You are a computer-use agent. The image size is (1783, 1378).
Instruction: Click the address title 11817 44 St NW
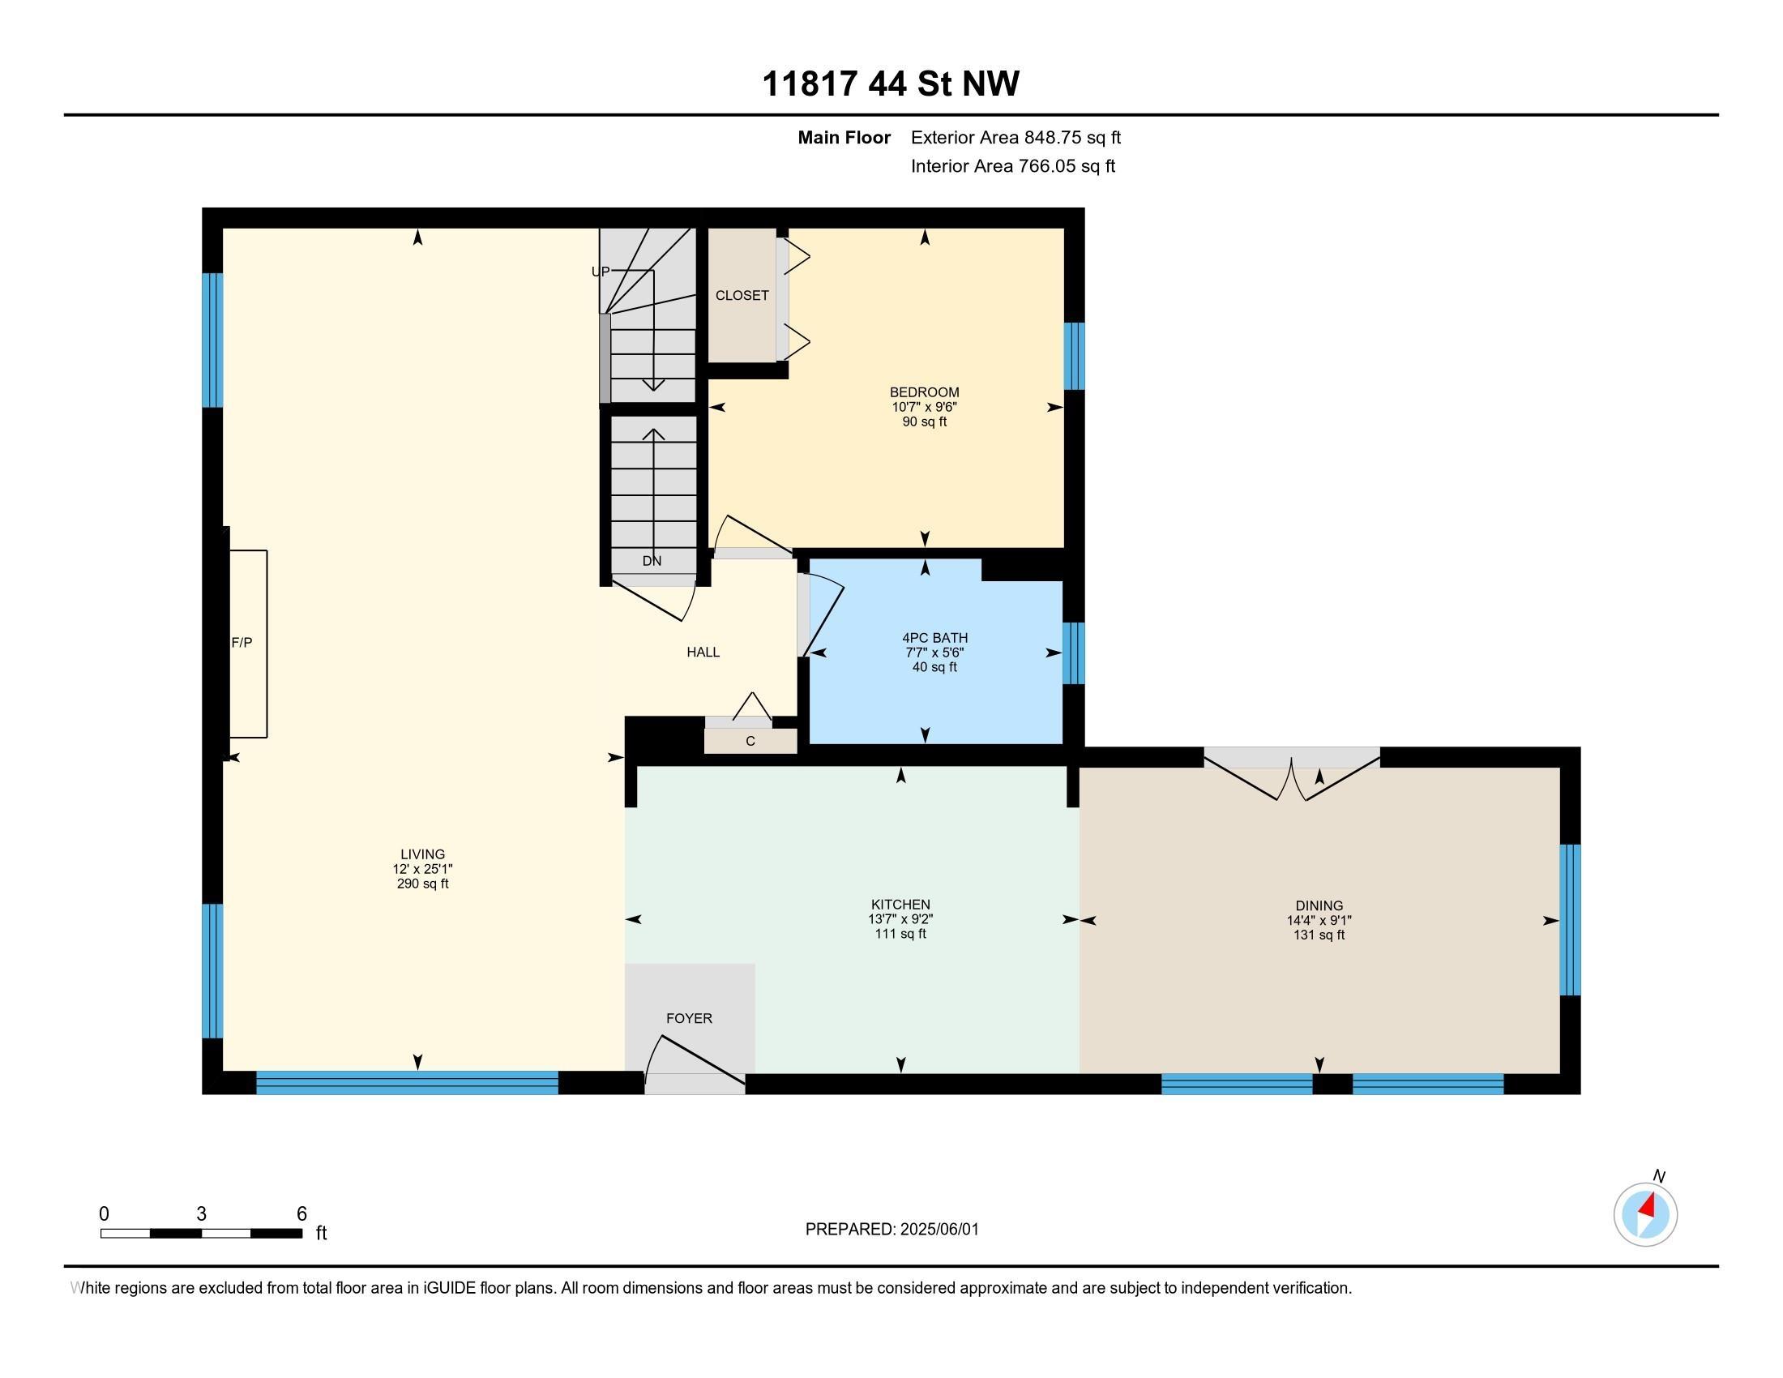891,84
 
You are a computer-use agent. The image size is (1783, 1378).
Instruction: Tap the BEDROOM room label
924,392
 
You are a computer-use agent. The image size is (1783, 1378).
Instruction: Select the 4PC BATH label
934,638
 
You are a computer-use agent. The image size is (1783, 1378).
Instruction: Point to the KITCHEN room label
900,905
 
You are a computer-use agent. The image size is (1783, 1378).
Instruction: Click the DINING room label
1319,905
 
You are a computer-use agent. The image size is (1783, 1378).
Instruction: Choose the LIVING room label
423,854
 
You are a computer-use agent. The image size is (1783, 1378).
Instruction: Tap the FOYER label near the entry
689,1018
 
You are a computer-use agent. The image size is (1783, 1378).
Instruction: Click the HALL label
703,652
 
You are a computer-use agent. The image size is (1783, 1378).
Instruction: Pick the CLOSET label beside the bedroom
742,296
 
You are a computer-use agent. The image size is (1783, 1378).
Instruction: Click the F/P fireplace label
242,643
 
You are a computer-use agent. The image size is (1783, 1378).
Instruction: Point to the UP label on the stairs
600,272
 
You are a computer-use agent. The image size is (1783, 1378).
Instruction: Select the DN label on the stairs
652,561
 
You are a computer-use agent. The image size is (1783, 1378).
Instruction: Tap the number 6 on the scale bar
301,1213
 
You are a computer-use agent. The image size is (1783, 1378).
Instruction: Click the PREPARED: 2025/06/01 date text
891,1229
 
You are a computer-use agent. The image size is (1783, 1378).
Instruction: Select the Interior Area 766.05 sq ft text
1013,166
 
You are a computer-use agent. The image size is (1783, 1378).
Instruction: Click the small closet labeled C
750,740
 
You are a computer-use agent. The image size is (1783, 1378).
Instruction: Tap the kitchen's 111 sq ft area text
900,934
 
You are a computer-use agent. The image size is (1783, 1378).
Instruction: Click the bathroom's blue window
1074,653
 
